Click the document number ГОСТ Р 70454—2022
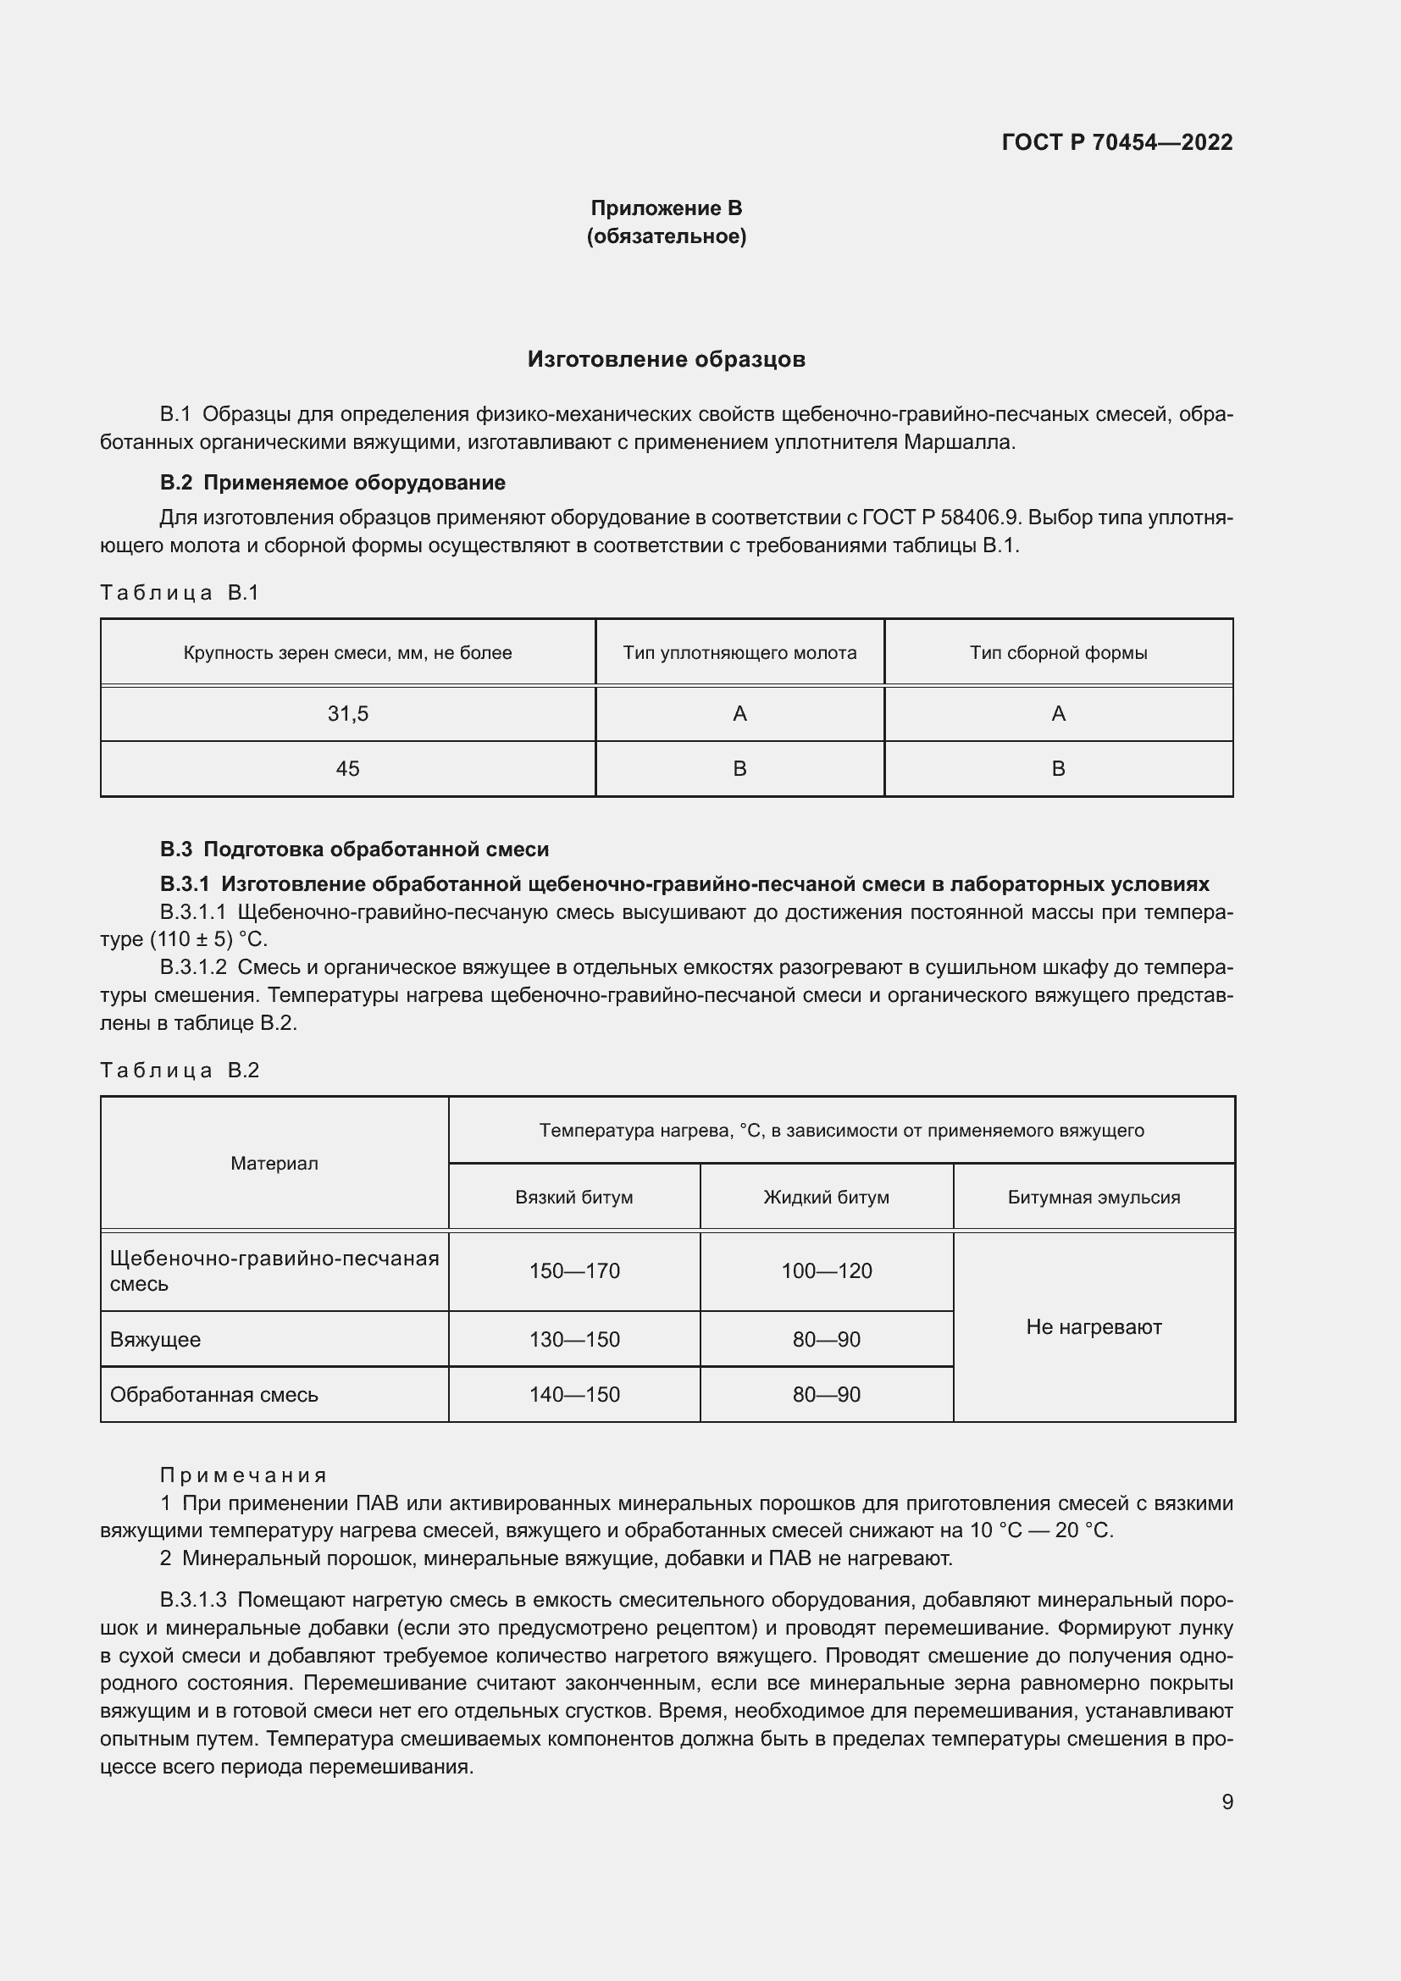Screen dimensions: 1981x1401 [x=1116, y=142]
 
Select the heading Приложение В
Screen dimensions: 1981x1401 [x=666, y=208]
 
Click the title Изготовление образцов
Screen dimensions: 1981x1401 [x=666, y=359]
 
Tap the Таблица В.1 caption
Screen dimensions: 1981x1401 [x=180, y=593]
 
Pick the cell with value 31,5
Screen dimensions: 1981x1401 [x=347, y=713]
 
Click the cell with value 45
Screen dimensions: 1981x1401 [x=347, y=768]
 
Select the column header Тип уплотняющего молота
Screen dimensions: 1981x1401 [x=739, y=652]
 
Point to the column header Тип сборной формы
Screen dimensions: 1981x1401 [x=1058, y=652]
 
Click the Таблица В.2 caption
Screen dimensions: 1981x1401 [x=180, y=1070]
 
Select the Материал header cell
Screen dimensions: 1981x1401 [x=274, y=1163]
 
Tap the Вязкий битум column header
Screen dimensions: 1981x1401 [x=573, y=1197]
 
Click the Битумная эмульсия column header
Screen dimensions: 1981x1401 [x=1093, y=1197]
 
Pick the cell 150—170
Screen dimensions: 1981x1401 [x=573, y=1270]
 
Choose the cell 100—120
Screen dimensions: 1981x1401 [x=827, y=1270]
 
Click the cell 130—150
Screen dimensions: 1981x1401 [x=573, y=1339]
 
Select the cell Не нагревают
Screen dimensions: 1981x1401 [x=1093, y=1326]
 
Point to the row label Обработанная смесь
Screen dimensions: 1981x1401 [x=214, y=1394]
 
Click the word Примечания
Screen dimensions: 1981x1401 [x=243, y=1475]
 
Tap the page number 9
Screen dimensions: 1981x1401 [x=1227, y=1801]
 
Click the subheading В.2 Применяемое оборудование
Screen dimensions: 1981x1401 [x=332, y=482]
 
